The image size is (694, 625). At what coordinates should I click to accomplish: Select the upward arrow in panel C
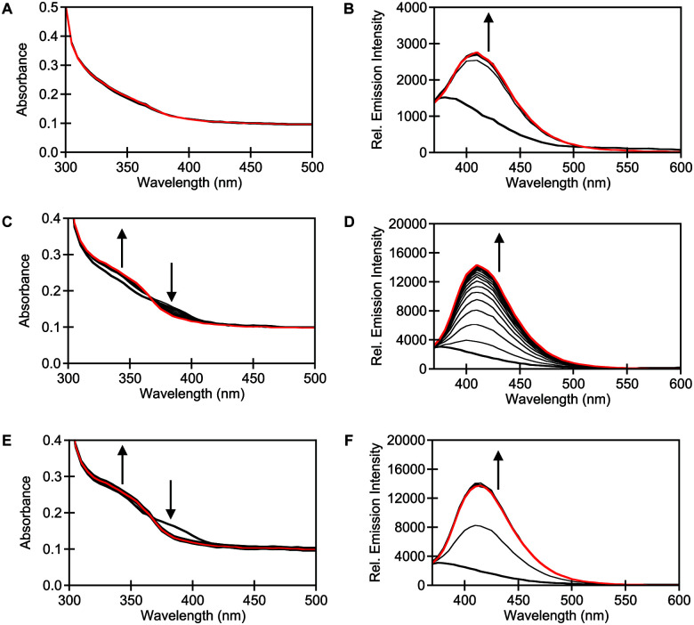(x=122, y=249)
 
